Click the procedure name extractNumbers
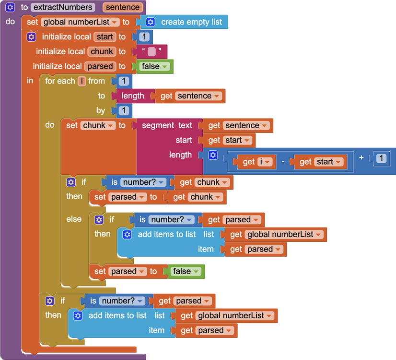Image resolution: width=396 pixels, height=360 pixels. point(62,7)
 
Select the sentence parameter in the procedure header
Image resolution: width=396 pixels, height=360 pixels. point(123,7)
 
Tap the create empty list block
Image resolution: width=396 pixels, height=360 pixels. point(191,22)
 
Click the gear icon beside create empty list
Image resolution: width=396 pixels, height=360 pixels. point(151,22)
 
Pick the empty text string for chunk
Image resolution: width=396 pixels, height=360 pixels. point(151,51)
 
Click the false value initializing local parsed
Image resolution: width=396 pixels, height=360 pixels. point(154,66)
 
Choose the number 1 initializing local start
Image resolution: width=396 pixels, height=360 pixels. point(144,37)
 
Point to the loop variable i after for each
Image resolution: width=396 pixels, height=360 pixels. point(82,81)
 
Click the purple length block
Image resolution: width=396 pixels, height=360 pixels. point(133,96)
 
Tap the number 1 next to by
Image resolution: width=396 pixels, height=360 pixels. point(124,111)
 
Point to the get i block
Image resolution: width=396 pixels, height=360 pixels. point(254,162)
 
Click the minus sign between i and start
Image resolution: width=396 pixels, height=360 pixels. point(283,162)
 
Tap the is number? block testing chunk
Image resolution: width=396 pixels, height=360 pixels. point(138,182)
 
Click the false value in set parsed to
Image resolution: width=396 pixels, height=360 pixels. point(186,272)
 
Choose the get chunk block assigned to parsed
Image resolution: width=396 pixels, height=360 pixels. point(196,197)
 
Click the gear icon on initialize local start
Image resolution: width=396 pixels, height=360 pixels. point(32,37)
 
